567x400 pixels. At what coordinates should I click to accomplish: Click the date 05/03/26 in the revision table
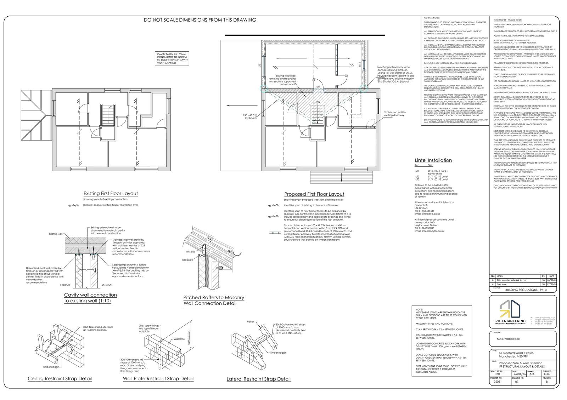(x=551, y=279)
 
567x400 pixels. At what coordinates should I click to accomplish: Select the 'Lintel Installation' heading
(x=433, y=160)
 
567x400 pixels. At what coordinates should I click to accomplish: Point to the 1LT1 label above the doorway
(x=318, y=86)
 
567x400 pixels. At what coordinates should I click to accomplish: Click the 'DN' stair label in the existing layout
(x=110, y=106)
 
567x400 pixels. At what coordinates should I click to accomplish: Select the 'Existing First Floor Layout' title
(x=111, y=194)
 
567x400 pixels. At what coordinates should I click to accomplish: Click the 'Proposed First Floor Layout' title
(x=314, y=194)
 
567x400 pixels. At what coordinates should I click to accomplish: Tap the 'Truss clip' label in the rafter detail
(x=190, y=252)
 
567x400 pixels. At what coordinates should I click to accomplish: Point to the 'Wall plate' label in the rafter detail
(x=187, y=259)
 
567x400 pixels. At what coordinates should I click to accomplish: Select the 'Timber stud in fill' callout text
(x=395, y=114)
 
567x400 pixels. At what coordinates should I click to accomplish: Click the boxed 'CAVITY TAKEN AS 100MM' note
(x=172, y=58)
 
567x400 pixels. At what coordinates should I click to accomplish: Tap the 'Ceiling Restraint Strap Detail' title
(x=60, y=379)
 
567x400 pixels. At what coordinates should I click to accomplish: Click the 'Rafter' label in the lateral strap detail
(x=250, y=321)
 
